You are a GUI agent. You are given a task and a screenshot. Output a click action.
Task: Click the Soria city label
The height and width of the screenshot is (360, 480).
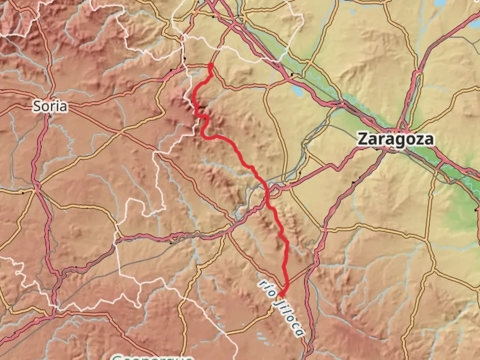point(50,106)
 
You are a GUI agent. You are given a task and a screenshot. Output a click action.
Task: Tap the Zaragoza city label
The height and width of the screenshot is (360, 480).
point(396,139)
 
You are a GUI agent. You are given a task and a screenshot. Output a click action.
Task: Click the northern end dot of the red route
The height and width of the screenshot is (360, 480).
point(210,65)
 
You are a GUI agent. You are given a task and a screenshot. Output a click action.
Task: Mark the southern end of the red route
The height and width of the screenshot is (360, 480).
point(282,295)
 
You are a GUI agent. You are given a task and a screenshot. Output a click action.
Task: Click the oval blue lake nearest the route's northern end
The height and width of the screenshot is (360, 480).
point(295,89)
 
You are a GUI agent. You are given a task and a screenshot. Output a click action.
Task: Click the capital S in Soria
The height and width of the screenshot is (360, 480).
point(37,106)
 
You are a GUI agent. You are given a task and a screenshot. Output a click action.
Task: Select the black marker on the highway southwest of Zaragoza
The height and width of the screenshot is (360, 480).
point(353,182)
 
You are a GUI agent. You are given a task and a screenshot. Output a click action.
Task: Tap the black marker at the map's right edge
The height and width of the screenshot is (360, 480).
point(475,210)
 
